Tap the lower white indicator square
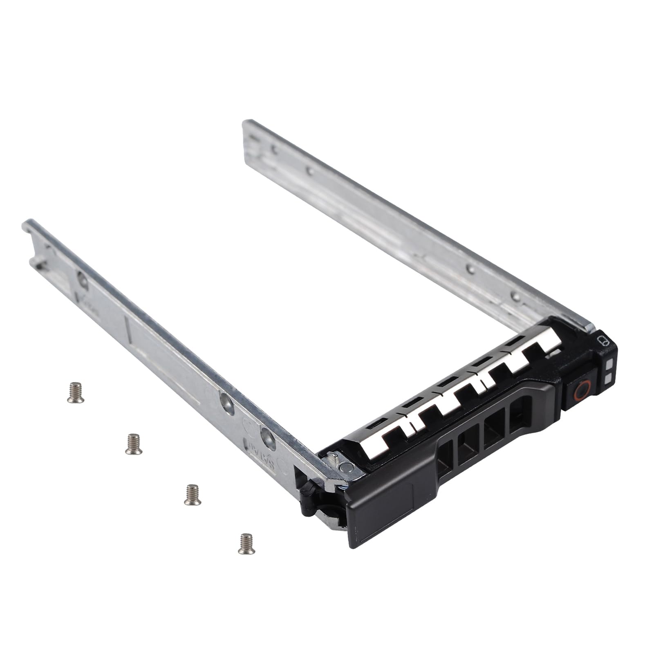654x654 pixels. [608, 378]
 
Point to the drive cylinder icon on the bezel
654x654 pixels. [602, 341]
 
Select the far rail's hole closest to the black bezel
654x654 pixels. [516, 297]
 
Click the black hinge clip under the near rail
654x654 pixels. [311, 497]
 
